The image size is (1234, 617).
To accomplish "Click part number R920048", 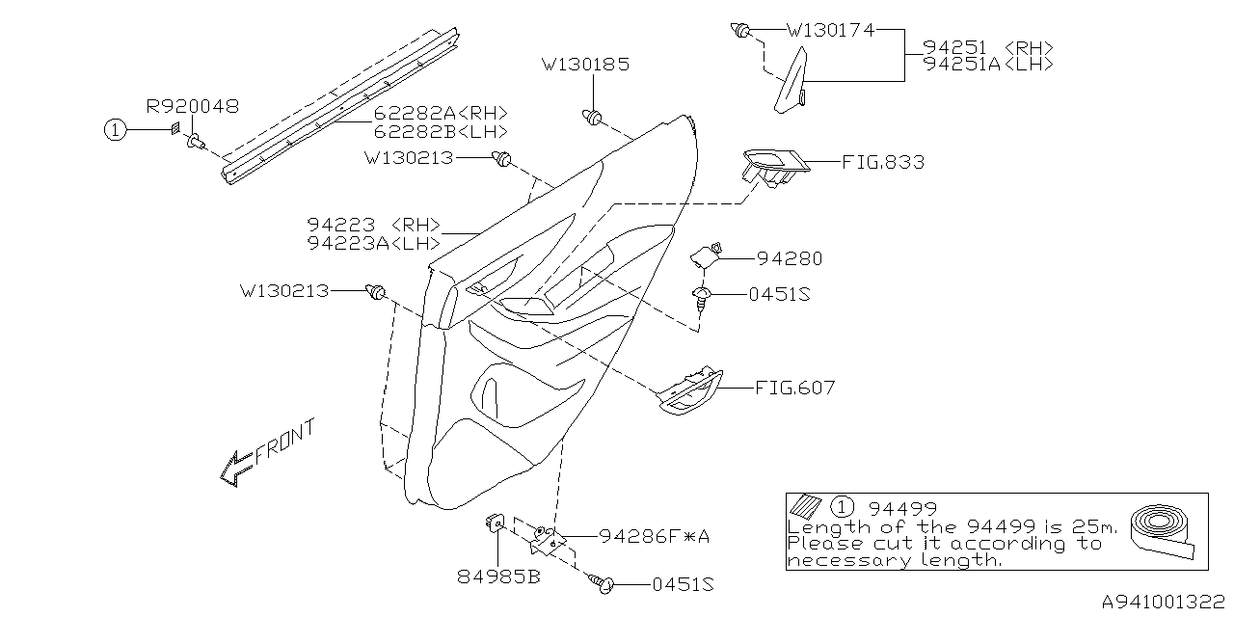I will point(192,106).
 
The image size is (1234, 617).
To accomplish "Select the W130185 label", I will point(585,66).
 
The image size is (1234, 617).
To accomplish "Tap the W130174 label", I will point(830,31).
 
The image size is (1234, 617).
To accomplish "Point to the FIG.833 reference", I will point(882,163).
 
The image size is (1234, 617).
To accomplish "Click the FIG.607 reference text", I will point(794,389).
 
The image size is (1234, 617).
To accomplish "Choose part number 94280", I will point(790,258).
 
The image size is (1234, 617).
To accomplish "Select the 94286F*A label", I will point(654,537).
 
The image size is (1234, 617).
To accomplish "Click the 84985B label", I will point(497,577).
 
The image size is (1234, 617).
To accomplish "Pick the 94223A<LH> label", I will point(374,243).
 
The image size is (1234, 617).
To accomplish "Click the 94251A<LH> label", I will point(987,64).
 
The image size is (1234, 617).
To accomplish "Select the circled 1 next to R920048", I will point(116,131).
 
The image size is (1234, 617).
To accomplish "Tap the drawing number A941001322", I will point(1162,601).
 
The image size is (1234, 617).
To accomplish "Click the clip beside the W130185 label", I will point(592,117).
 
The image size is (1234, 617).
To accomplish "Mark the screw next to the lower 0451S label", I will point(604,583).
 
